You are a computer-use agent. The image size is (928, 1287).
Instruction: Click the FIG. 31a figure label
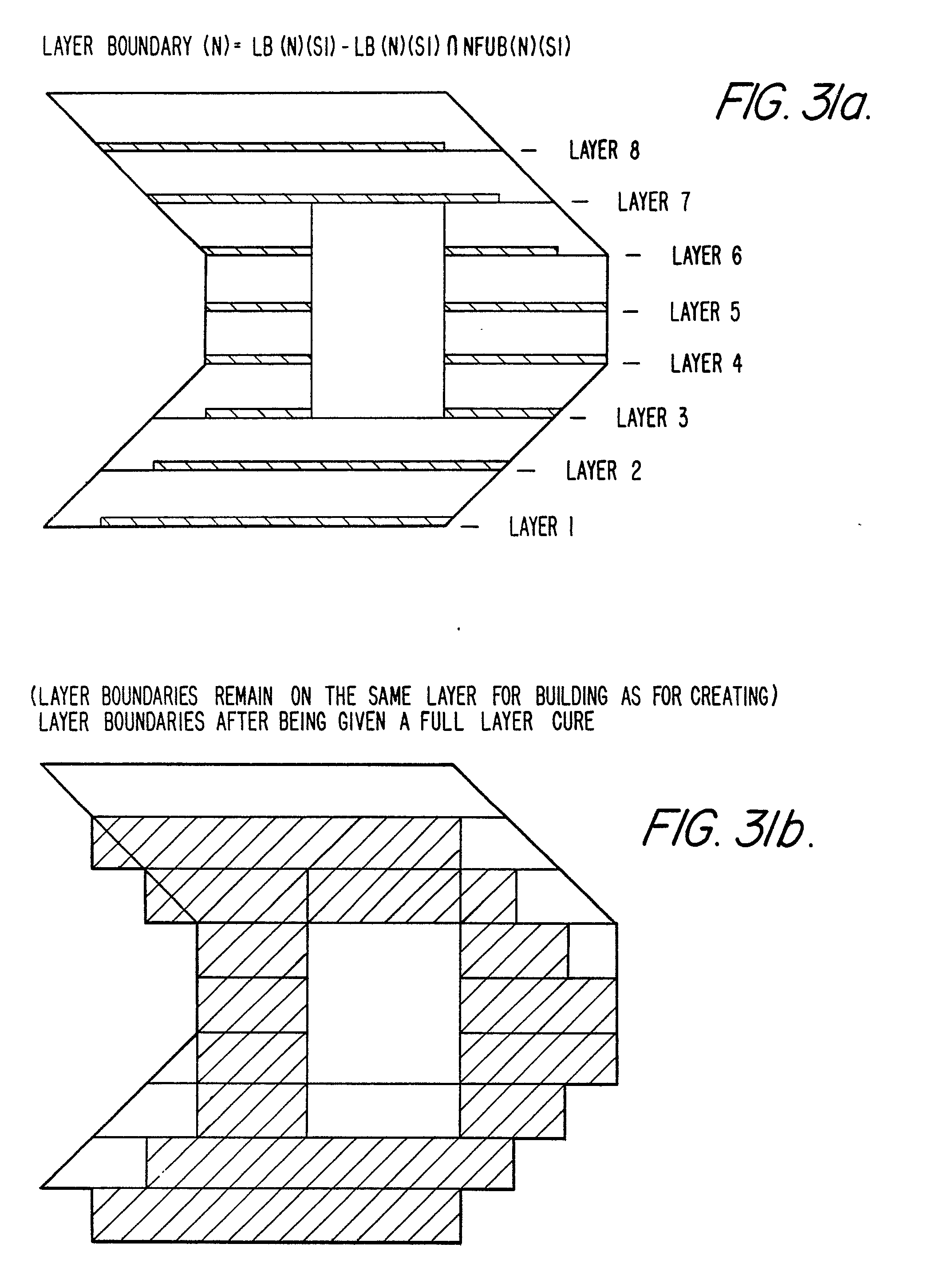(x=793, y=102)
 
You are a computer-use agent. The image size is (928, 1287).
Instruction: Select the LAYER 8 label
(x=604, y=150)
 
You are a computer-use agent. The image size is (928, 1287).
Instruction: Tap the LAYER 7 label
(x=654, y=202)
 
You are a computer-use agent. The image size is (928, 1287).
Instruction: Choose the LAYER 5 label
(x=704, y=312)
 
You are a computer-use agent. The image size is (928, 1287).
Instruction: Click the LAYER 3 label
(x=652, y=418)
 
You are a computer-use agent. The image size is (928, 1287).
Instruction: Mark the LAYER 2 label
(x=603, y=471)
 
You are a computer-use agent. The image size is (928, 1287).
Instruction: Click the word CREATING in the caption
(x=733, y=696)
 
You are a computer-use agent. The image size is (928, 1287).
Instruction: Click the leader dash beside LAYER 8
(x=529, y=151)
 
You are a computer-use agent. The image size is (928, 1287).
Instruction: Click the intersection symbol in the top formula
(x=452, y=47)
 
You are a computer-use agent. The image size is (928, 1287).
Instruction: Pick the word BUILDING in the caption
(x=571, y=696)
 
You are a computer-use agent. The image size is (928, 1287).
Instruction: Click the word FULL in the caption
(x=442, y=721)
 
